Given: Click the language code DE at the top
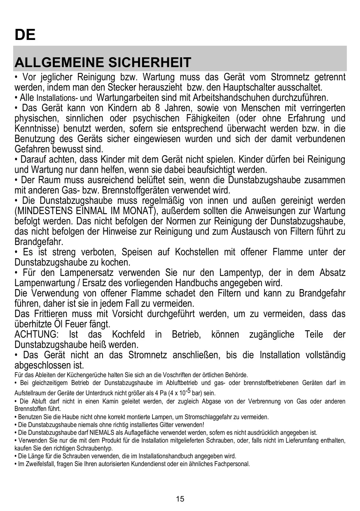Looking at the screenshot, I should [25, 35].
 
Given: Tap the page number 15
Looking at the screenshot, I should [180, 499].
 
